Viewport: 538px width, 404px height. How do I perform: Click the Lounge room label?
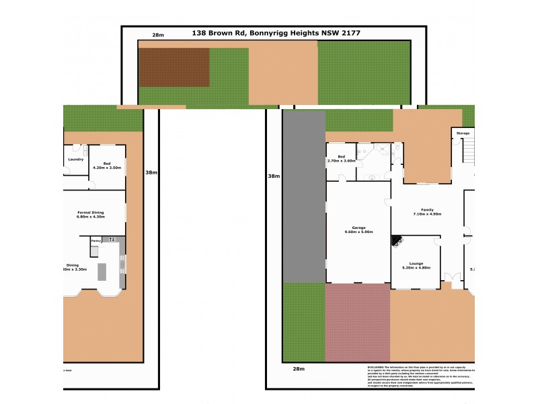click(415, 265)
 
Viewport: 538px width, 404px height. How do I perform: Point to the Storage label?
click(463, 133)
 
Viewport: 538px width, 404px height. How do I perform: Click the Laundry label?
click(75, 159)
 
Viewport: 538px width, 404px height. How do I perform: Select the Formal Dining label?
click(93, 213)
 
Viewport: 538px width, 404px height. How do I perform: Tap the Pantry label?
click(96, 240)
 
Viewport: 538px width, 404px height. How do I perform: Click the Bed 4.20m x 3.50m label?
click(106, 165)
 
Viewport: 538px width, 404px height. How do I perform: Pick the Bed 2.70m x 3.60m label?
click(340, 159)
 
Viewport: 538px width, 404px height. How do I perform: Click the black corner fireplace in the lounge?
click(397, 240)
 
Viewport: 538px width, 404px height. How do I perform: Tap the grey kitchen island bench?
click(102, 271)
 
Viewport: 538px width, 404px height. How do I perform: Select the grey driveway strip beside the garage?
click(303, 195)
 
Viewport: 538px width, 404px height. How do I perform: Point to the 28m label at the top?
click(158, 34)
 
